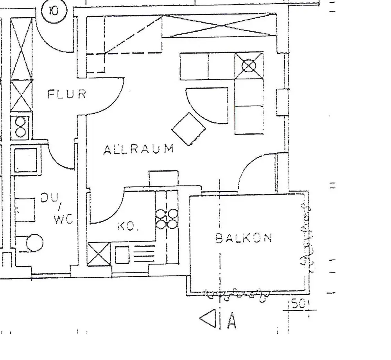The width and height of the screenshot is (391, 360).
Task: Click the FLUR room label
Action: point(66,94)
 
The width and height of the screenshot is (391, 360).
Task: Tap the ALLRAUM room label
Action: point(138,149)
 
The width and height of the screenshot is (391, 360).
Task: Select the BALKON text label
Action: point(244,238)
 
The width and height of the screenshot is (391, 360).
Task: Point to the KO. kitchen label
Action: point(128,227)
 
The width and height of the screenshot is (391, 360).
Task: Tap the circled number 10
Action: point(54,11)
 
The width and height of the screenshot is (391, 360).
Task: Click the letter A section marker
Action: point(231,321)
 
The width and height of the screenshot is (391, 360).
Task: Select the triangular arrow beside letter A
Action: point(208,319)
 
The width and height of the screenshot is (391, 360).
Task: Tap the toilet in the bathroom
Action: point(33,243)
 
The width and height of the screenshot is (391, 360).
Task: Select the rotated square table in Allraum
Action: point(189,129)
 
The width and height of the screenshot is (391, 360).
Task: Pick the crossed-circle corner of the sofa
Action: point(249,66)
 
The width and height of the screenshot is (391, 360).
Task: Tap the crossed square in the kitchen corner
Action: point(99,254)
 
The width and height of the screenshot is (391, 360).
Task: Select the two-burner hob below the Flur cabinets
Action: point(21,127)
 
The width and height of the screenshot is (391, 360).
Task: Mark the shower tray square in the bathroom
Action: point(26,160)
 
